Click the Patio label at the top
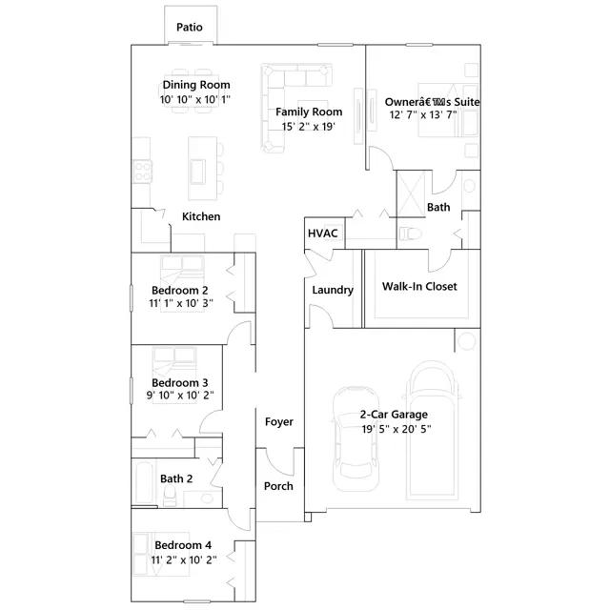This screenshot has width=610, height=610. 189,27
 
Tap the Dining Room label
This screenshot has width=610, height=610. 196,85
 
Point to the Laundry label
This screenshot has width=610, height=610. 333,290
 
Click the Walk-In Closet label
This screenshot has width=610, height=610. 419,286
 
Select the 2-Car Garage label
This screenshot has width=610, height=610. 394,415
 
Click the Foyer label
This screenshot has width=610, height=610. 278,421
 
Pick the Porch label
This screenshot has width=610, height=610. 278,486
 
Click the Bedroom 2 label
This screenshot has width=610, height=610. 179,290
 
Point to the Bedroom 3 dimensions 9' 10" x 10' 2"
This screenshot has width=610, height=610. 179,396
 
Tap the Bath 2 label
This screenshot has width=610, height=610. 176,478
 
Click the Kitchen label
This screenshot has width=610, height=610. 201,216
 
